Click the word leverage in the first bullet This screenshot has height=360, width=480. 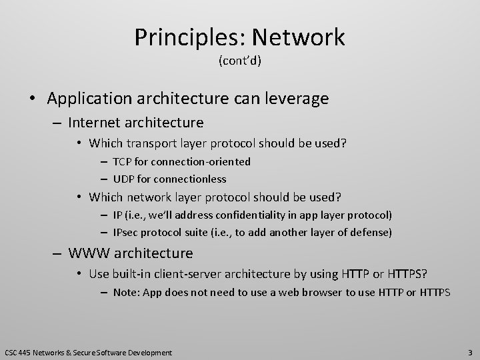point(291,99)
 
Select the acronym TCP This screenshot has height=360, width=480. point(121,161)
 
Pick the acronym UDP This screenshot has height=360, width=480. point(123,179)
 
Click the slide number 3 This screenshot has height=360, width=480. point(470,351)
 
